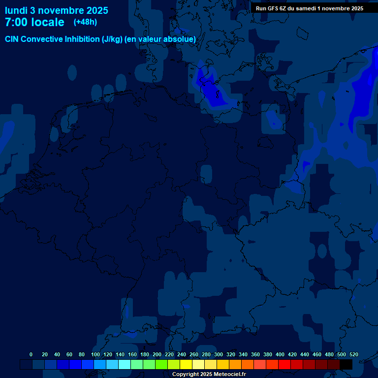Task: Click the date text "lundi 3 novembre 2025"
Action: pyautogui.click(x=57, y=10)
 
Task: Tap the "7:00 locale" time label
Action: pyautogui.click(x=34, y=22)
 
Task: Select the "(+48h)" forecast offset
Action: pyautogui.click(x=85, y=22)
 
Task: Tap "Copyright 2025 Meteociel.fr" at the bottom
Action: pyautogui.click(x=209, y=374)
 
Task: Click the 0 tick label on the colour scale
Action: pyautogui.click(x=31, y=354)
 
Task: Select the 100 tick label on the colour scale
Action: pyautogui.click(x=95, y=354)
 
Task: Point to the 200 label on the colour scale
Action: pyautogui.click(x=157, y=354)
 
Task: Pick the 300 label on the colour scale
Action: pyautogui.click(x=219, y=354)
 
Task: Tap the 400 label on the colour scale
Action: pyautogui.click(x=280, y=354)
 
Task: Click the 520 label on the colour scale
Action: pyautogui.click(x=353, y=354)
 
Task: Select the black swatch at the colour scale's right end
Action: pyautogui.click(x=346, y=364)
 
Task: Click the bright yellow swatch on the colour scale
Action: pyautogui.click(x=186, y=364)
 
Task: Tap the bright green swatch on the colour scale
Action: pyautogui.click(x=161, y=364)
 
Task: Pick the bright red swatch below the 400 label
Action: pyautogui.click(x=284, y=364)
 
